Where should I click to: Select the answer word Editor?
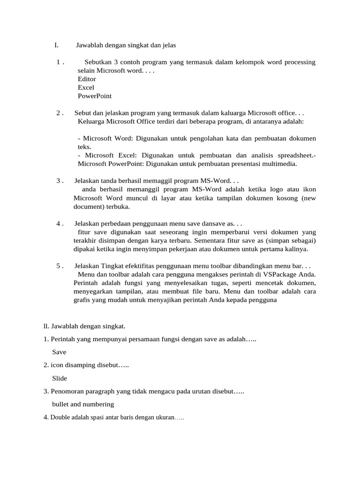pyautogui.click(x=87, y=79)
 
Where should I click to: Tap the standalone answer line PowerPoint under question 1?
pyautogui.click(x=95, y=96)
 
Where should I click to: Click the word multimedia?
pyautogui.click(x=280, y=164)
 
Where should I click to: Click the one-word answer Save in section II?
pyautogui.click(x=60, y=352)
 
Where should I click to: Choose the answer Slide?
pyautogui.click(x=60, y=378)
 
